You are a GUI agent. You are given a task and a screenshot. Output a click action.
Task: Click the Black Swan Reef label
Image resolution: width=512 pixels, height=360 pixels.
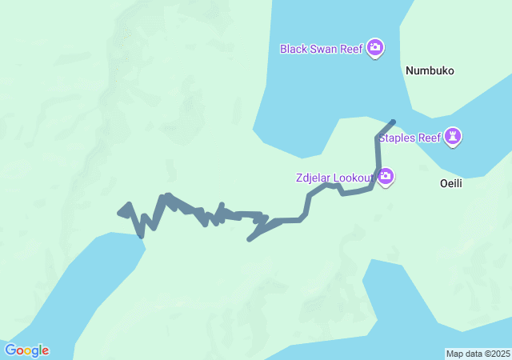pyautogui.click(x=322, y=49)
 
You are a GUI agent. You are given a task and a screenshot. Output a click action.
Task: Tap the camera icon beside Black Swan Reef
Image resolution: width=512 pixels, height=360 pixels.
pyautogui.click(x=375, y=49)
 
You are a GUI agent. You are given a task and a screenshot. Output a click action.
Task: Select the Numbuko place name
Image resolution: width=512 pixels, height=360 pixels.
pyautogui.click(x=430, y=70)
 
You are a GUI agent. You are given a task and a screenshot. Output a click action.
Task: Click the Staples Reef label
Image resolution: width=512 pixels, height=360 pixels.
pyautogui.click(x=410, y=138)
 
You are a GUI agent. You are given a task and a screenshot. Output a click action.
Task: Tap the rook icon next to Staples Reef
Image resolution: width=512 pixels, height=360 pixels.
pyautogui.click(x=454, y=137)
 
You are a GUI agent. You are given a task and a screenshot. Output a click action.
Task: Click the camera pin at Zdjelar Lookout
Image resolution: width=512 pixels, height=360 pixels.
pyautogui.click(x=386, y=176)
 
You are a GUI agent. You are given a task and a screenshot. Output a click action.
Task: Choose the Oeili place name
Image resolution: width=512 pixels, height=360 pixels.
pyautogui.click(x=452, y=183)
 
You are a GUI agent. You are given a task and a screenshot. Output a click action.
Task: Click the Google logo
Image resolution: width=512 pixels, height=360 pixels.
pyautogui.click(x=26, y=350)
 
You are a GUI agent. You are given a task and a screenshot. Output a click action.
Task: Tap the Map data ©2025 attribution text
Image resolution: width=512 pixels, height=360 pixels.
pyautogui.click(x=478, y=354)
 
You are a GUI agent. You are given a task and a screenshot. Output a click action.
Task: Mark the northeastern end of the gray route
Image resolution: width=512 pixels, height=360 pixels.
pyautogui.click(x=393, y=122)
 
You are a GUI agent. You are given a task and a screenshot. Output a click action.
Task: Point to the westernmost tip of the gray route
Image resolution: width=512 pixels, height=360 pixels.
pyautogui.click(x=119, y=213)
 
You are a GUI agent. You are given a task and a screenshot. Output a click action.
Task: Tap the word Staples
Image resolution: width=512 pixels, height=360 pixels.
pyautogui.click(x=398, y=138)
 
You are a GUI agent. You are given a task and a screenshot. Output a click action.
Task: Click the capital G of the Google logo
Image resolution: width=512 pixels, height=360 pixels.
pyautogui.click(x=10, y=350)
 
